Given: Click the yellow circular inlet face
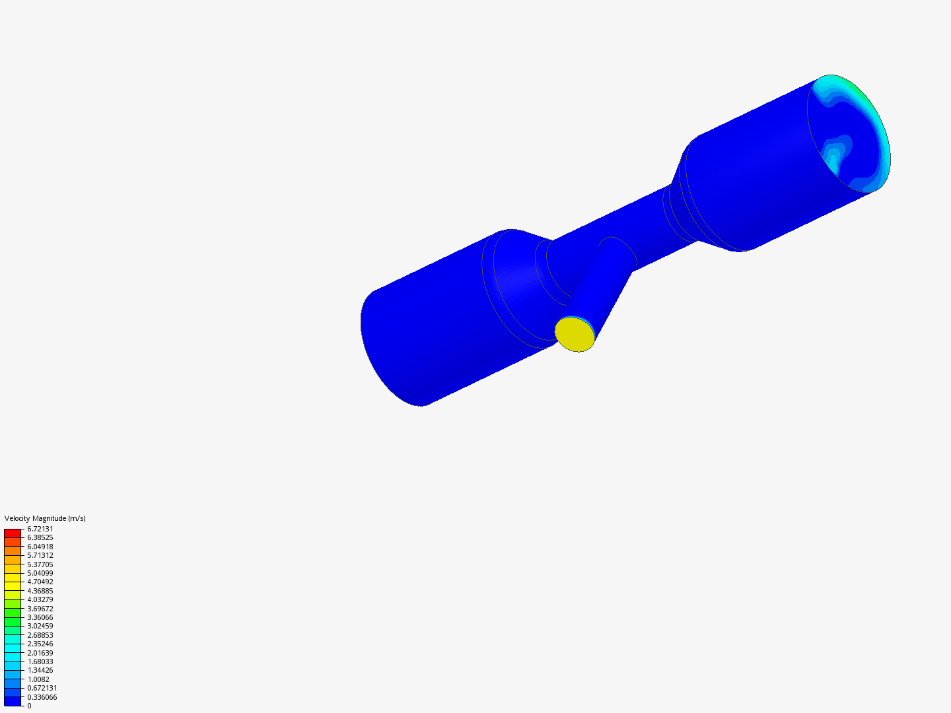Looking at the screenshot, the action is click(x=575, y=334).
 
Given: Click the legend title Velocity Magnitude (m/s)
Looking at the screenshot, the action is click(x=45, y=518).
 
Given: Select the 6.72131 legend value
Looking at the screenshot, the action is click(x=40, y=529).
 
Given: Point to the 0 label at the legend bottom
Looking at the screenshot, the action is click(x=29, y=706).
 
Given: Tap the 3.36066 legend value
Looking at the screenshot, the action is click(x=40, y=617).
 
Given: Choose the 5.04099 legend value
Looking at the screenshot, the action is click(x=40, y=573).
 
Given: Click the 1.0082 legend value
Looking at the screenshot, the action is click(x=38, y=679).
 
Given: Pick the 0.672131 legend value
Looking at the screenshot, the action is click(x=42, y=688).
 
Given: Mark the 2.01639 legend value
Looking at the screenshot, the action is click(x=40, y=653).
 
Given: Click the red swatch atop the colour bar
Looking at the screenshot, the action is click(x=13, y=533).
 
